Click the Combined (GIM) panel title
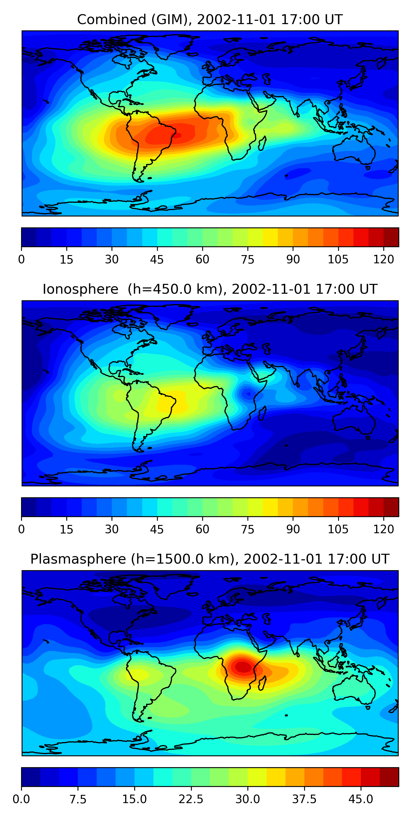[x=210, y=20]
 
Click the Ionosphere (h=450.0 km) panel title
[x=210, y=289]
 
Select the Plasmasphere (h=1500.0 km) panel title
[x=210, y=559]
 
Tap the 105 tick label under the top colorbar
[x=338, y=259]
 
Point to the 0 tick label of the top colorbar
[x=21, y=259]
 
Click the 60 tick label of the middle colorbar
[x=202, y=529]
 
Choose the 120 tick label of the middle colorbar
[x=383, y=529]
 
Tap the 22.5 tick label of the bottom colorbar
[x=191, y=799]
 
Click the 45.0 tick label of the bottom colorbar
[x=361, y=799]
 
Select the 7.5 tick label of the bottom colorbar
[x=78, y=799]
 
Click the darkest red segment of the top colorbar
[x=391, y=237]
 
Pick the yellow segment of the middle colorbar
[x=270, y=507]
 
